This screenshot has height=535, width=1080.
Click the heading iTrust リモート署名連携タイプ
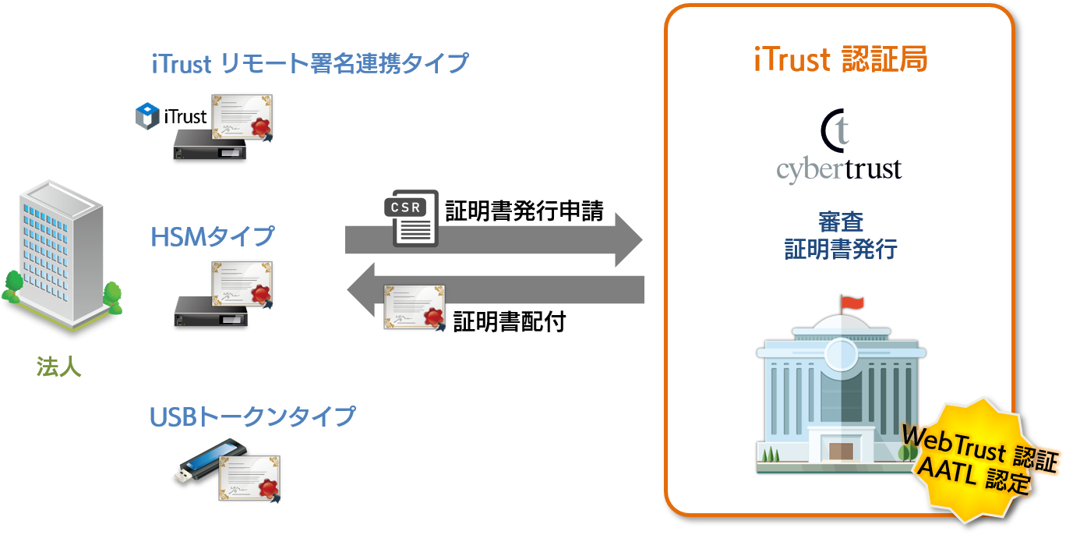(x=310, y=63)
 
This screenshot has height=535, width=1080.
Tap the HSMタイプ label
(x=213, y=236)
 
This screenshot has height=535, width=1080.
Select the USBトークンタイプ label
(x=252, y=416)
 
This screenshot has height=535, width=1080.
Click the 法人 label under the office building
(x=59, y=366)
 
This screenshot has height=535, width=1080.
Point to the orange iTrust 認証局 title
(x=840, y=60)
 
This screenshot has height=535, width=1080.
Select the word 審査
(x=840, y=221)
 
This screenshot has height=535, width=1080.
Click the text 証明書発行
(x=840, y=250)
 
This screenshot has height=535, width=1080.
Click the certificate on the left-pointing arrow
(x=415, y=306)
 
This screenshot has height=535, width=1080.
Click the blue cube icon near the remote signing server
(x=147, y=115)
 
